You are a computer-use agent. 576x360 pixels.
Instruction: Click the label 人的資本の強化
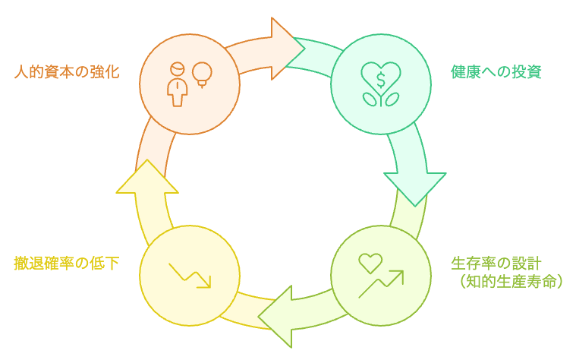pyautogui.click(x=67, y=73)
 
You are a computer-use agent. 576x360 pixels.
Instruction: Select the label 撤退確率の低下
pyautogui.click(x=67, y=264)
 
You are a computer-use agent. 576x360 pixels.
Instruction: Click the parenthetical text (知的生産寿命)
pyautogui.click(x=506, y=282)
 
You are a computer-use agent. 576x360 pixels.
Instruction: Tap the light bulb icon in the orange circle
pyautogui.click(x=201, y=74)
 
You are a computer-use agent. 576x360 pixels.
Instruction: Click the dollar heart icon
pyautogui.click(x=380, y=75)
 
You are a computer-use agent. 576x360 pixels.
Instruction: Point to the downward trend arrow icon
pyautogui.click(x=190, y=275)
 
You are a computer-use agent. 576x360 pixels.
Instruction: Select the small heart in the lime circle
pyautogui.click(x=370, y=263)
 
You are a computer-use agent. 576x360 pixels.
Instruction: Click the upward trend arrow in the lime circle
pyautogui.click(x=382, y=283)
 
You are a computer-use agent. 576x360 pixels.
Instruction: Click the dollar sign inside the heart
pyautogui.click(x=380, y=75)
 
